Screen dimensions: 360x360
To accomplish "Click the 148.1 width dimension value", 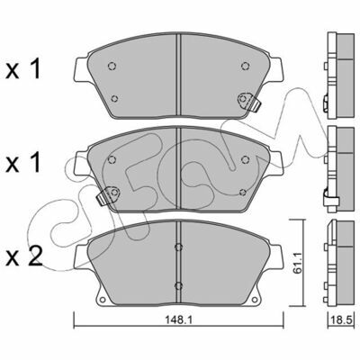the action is [179, 319].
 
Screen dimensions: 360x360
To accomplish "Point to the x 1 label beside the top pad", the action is [23, 69].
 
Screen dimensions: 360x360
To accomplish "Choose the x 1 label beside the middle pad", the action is [23, 162].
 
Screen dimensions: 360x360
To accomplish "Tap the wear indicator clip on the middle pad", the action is [107, 195].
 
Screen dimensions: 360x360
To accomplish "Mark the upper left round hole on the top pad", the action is [112, 66].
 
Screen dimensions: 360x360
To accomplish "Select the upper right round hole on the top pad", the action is [245, 66].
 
